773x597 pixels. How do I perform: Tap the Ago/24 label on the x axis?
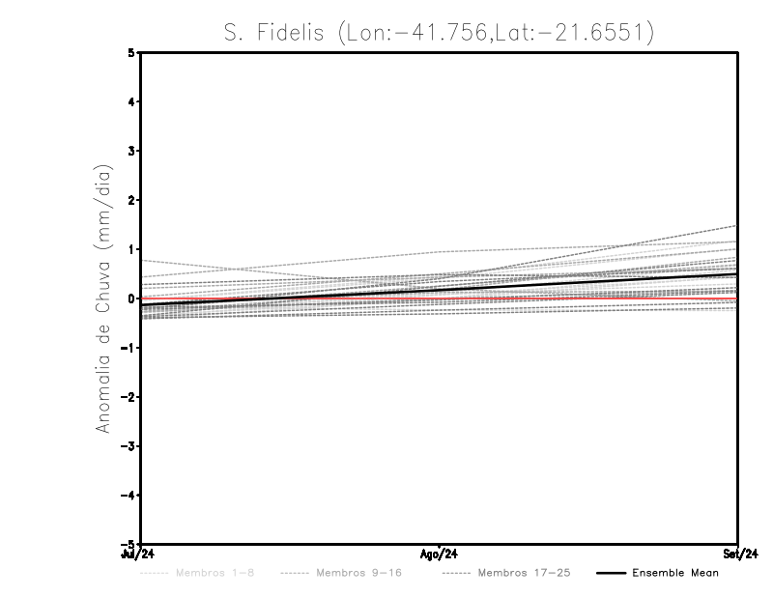440,554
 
